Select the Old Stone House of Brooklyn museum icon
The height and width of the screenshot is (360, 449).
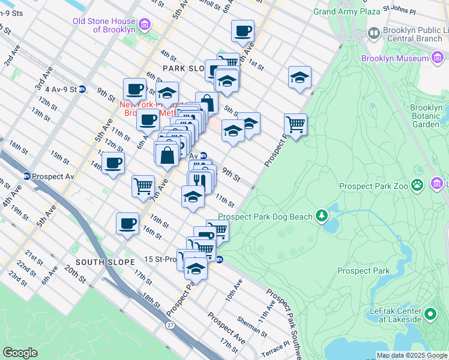click(144, 25)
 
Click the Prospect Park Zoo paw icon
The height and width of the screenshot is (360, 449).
click(417, 185)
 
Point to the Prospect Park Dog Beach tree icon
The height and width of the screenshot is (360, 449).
click(322, 215)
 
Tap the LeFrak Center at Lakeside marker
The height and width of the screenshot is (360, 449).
click(430, 313)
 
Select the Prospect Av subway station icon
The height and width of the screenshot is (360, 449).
click(27, 176)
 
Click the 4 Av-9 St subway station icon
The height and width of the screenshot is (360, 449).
click(82, 89)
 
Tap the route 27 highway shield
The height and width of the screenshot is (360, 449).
click(170, 325)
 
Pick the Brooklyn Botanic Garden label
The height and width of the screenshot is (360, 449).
click(426, 116)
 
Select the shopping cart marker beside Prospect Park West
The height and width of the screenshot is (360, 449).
click(295, 125)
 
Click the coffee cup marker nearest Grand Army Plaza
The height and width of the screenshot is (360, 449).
click(243, 31)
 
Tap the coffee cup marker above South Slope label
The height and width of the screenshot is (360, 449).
click(127, 224)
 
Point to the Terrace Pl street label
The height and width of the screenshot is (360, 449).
click(275, 348)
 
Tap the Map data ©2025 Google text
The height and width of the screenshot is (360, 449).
click(411, 355)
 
